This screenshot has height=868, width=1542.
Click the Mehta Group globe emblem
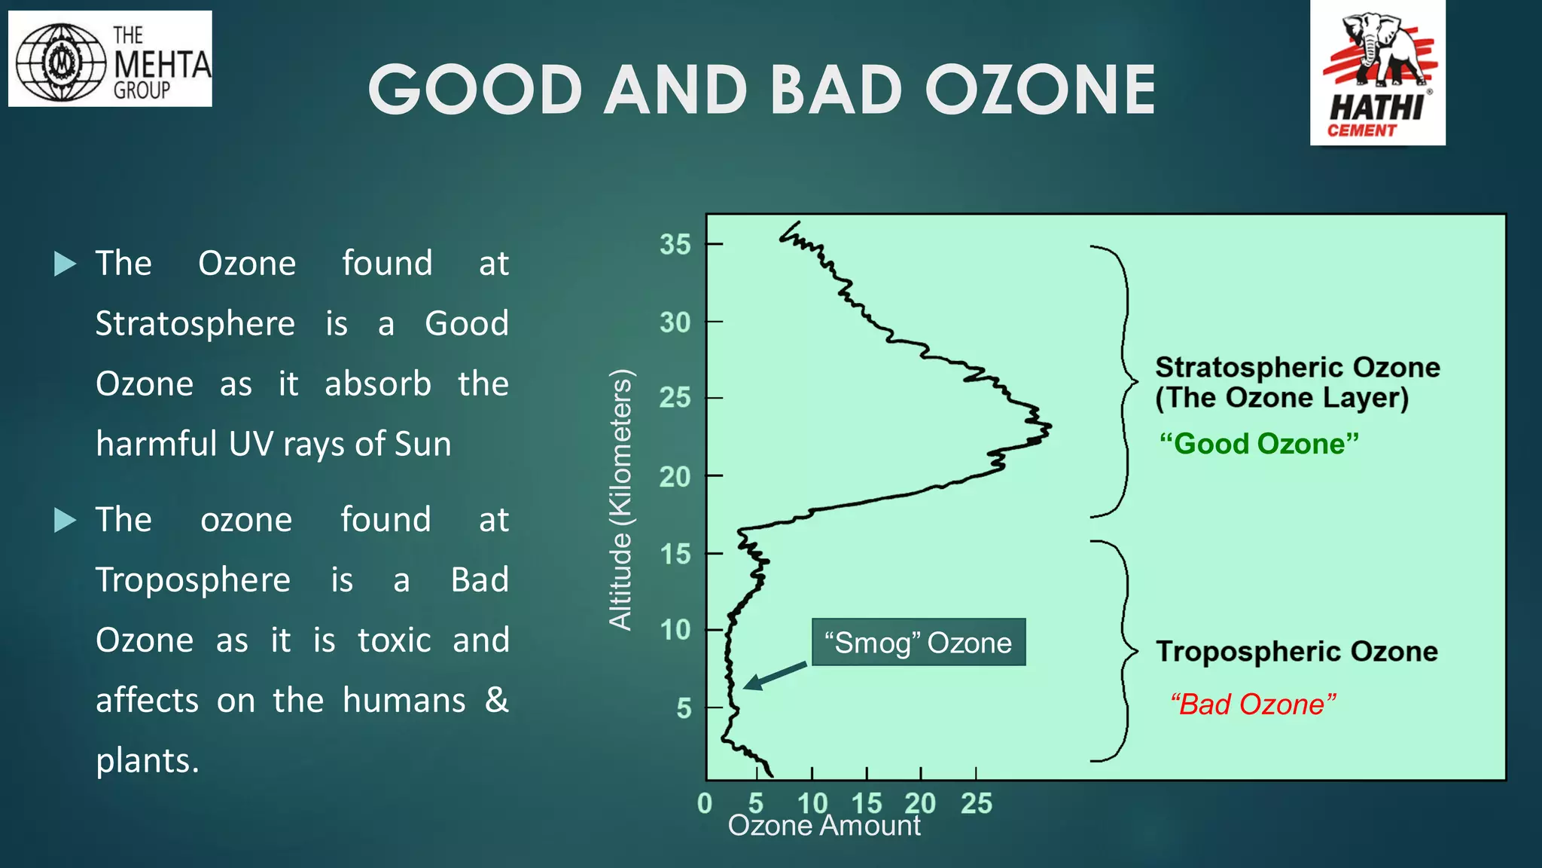[61, 61]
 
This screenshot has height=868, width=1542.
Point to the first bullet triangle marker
[66, 264]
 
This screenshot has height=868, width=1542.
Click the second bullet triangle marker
[66, 521]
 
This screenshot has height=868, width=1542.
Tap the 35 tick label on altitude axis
[675, 245]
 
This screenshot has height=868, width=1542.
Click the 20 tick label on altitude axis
[675, 477]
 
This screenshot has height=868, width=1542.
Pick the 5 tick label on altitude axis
[683, 708]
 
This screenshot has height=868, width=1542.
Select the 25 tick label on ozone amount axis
[977, 803]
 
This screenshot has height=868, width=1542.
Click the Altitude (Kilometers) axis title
[621, 500]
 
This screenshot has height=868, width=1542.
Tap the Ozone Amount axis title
[824, 827]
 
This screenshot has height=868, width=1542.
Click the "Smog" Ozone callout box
[918, 643]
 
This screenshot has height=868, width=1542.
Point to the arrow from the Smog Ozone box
[776, 675]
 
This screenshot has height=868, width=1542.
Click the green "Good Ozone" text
[1259, 444]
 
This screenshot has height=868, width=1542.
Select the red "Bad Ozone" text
[1253, 704]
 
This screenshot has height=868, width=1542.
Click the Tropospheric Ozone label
[1297, 652]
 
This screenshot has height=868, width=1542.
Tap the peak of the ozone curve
[1049, 427]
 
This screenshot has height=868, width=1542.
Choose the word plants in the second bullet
[147, 761]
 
